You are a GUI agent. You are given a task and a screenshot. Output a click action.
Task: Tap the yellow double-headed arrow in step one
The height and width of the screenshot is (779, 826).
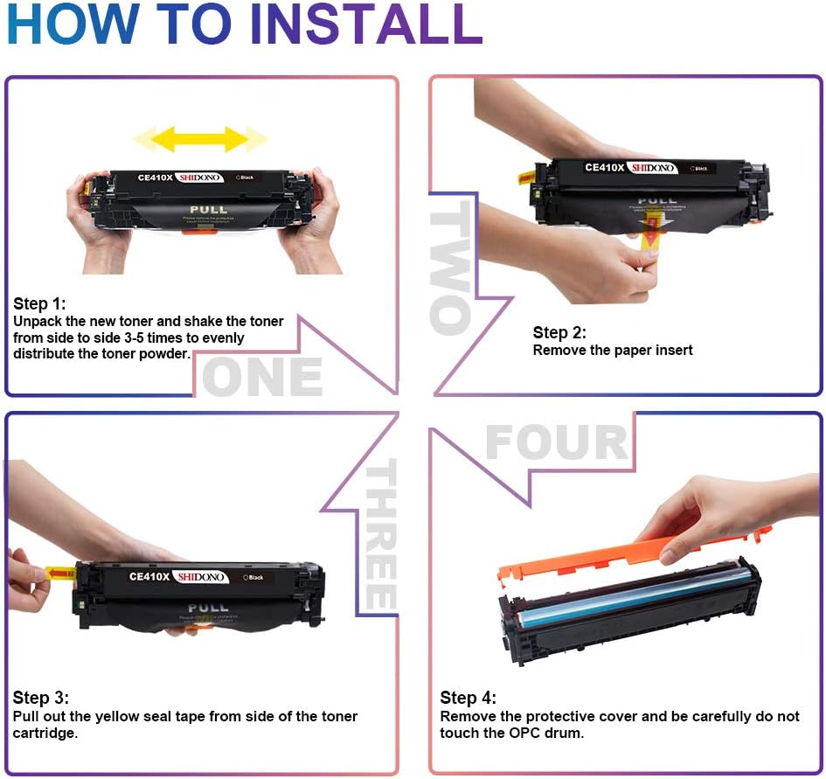pos(201,138)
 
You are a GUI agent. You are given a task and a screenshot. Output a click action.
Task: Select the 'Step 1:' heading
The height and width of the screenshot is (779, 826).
pos(39,304)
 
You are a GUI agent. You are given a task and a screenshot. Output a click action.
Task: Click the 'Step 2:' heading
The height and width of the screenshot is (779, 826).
pos(559,332)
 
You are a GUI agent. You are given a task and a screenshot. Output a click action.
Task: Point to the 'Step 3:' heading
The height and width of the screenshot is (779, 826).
pos(40,698)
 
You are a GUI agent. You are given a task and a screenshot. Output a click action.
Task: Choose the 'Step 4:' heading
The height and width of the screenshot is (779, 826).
pos(468,698)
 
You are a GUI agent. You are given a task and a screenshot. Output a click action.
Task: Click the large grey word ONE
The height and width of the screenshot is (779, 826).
pos(262,378)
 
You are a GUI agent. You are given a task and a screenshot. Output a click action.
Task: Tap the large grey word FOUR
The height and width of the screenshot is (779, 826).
pos(557,442)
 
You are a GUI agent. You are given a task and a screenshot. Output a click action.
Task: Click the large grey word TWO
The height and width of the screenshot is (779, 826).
pos(451,267)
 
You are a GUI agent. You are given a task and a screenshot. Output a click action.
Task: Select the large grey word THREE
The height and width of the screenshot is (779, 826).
pos(380,535)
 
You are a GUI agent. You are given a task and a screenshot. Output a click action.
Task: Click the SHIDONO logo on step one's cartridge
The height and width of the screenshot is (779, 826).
pos(200,177)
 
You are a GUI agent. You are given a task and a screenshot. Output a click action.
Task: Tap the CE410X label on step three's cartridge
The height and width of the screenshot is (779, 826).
pos(149,577)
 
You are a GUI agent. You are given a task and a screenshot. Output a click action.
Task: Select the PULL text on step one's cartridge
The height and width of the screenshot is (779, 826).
pos(207,210)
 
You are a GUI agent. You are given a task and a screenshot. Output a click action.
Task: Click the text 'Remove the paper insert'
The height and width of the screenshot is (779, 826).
pos(613,350)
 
